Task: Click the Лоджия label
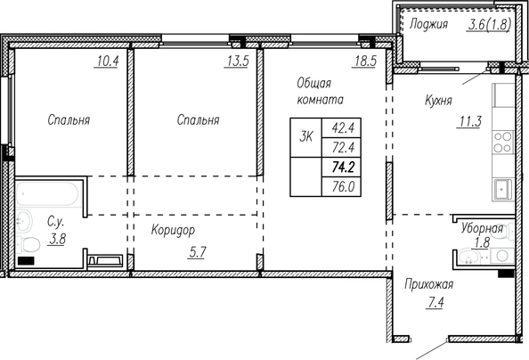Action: (x=428, y=24)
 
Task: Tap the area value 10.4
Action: (x=108, y=61)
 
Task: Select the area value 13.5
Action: (x=238, y=61)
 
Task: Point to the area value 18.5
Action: (x=365, y=61)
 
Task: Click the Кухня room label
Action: (x=438, y=101)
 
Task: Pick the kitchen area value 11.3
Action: (x=470, y=121)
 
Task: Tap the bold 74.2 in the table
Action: (x=343, y=167)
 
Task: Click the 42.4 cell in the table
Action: (x=343, y=127)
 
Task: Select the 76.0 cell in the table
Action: (x=343, y=186)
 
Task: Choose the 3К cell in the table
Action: (x=306, y=137)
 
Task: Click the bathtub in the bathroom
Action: (x=47, y=194)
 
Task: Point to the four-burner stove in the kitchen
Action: (x=503, y=142)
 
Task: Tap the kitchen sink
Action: (x=503, y=189)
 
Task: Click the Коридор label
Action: (x=173, y=230)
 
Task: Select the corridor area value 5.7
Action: (x=197, y=252)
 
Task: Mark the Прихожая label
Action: (x=428, y=284)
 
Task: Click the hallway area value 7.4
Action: (x=435, y=303)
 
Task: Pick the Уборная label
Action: (x=482, y=229)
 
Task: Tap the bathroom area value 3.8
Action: (x=57, y=239)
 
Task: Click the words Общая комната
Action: (x=321, y=91)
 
